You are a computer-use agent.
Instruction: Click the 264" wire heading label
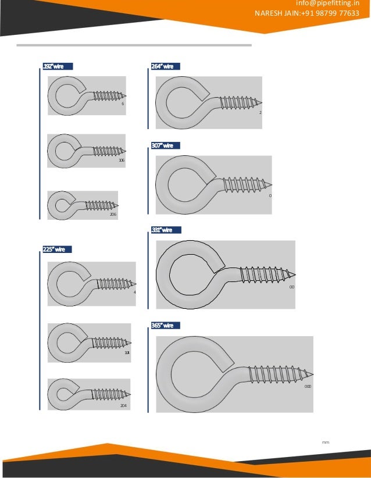pyautogui.click(x=163, y=67)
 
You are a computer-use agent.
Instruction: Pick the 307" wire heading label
pyautogui.click(x=163, y=145)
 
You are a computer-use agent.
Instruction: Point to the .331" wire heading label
pyautogui.click(x=163, y=230)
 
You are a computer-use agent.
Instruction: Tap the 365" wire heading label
pyautogui.click(x=163, y=325)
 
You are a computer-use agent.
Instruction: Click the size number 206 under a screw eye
pyautogui.click(x=113, y=215)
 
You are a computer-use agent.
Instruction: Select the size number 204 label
pyautogui.click(x=123, y=405)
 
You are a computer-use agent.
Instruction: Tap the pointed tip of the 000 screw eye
pyautogui.click(x=313, y=373)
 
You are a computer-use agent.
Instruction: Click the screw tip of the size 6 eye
pyautogui.click(x=126, y=95)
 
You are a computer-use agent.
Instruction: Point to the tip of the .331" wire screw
pyautogui.click(x=295, y=274)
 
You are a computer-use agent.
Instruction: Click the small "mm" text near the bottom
pyautogui.click(x=325, y=443)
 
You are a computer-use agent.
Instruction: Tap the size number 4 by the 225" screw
pyautogui.click(x=134, y=292)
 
